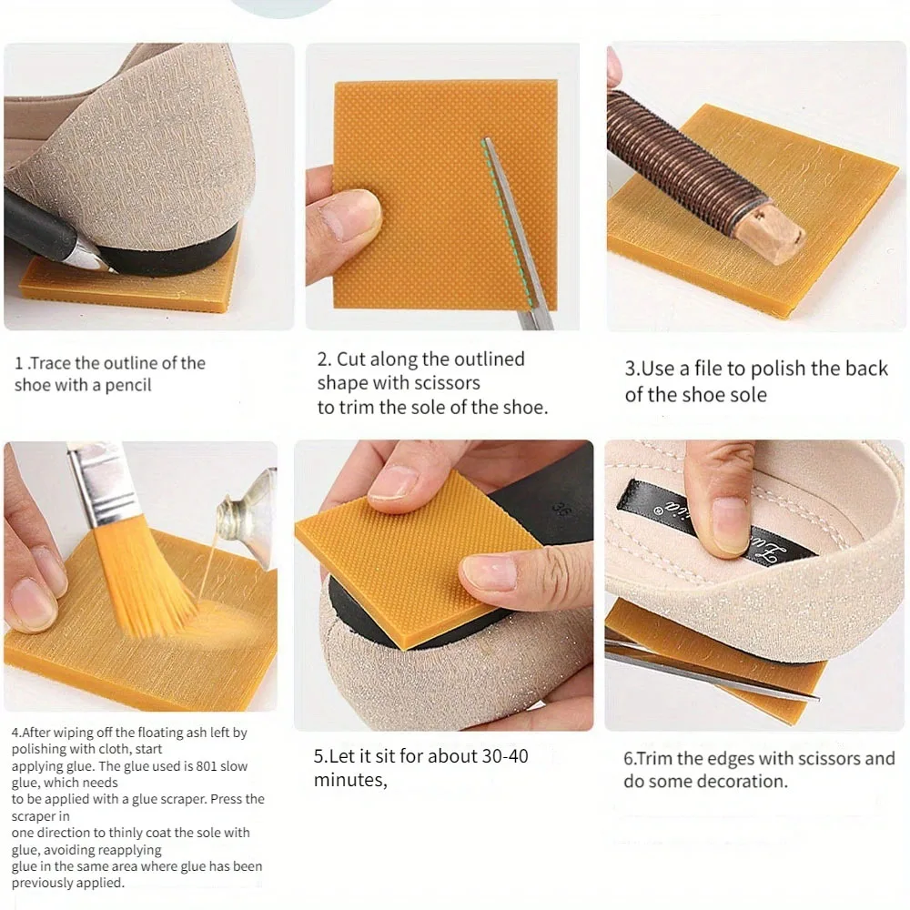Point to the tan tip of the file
(773, 235)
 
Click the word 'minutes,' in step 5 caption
(350, 780)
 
